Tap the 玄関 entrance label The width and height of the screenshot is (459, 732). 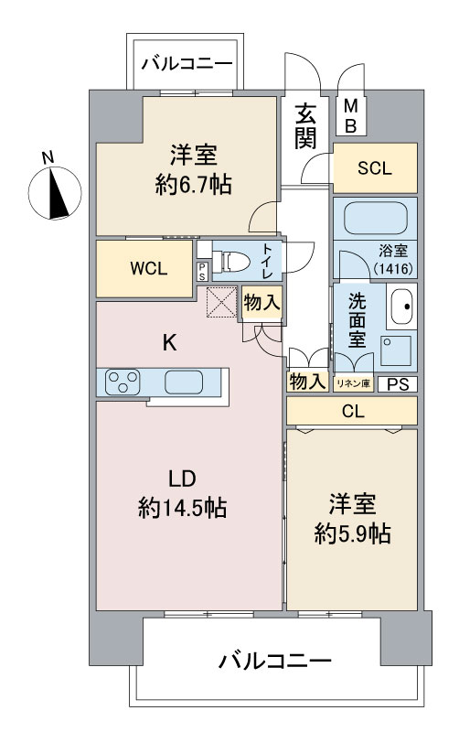[306, 126]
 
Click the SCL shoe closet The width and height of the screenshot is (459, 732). [374, 167]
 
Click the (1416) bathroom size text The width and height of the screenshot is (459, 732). [394, 268]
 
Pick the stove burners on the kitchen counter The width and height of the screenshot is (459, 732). [123, 382]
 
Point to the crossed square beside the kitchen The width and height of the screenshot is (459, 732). [221, 302]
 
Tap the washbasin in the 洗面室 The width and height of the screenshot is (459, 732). [400, 307]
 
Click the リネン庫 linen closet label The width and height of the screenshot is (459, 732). [352, 384]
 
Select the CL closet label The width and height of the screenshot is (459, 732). [354, 412]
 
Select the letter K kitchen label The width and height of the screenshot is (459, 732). [168, 344]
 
